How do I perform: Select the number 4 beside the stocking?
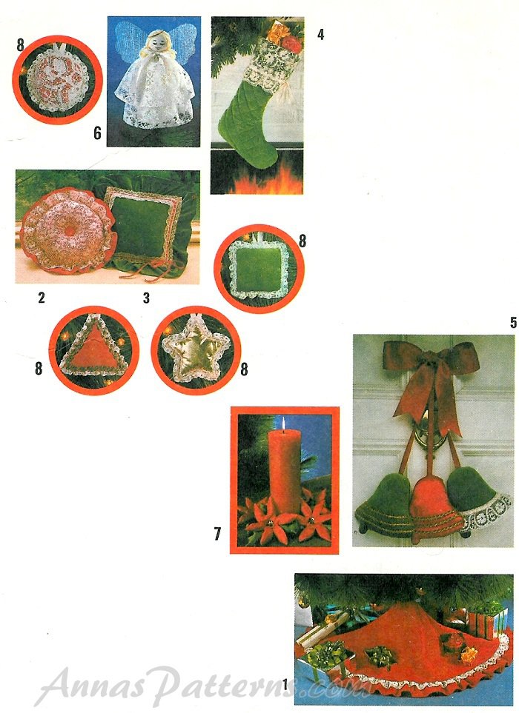pos(320,34)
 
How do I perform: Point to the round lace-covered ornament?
pos(57,80)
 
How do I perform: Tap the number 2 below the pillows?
pos(42,298)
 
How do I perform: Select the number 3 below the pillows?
pos(146,298)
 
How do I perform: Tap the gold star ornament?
pos(196,349)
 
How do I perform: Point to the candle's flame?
pos(282,424)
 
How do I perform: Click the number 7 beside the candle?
pos(217,534)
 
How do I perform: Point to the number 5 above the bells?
pos(513,322)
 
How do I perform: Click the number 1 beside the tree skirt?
pos(285,684)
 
